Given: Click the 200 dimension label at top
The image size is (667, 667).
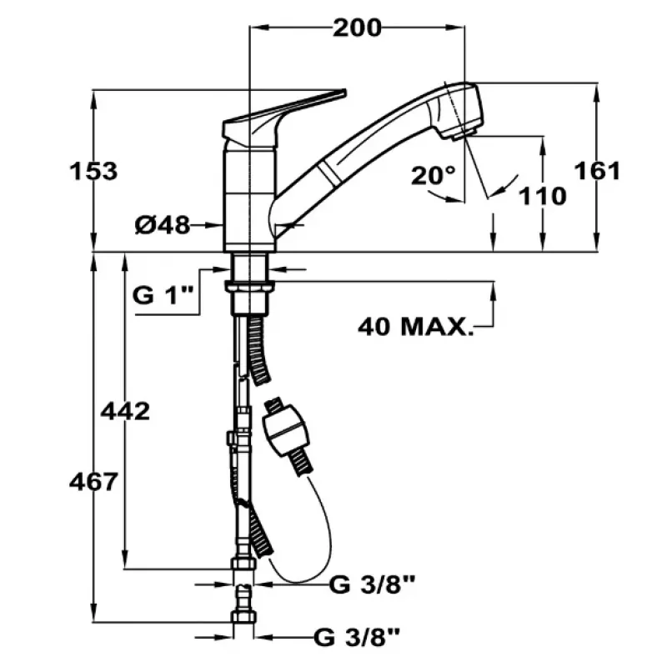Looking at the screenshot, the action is (357, 28).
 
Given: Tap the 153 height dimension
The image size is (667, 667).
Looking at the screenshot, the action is (93, 171).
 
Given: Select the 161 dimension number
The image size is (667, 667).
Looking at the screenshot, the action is (597, 171).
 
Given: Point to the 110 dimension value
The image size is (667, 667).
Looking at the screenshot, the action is (543, 196).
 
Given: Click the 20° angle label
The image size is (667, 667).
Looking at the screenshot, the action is (433, 175).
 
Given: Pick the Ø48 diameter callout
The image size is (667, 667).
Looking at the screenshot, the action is (162, 225).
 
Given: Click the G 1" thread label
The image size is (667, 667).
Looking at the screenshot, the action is (163, 295).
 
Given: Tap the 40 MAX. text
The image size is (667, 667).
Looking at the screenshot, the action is (415, 327).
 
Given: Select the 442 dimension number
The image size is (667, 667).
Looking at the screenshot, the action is (125, 411).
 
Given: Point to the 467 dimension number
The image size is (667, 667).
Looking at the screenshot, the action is (93, 483).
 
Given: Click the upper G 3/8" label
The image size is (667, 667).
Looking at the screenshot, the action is (372, 584).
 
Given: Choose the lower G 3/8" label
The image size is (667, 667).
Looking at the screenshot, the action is (357, 637).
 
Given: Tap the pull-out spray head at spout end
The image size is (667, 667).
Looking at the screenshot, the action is (457, 111).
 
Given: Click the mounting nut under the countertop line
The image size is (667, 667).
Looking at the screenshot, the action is (249, 288).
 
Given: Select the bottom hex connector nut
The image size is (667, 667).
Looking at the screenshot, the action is (243, 617).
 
